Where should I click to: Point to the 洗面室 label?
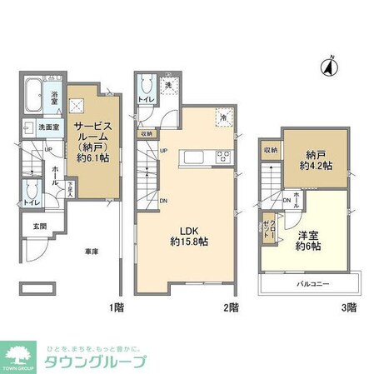pyautogui.click(x=49, y=127)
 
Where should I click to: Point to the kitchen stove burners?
pyautogui.click(x=224, y=156)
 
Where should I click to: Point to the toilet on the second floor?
pyautogui.click(x=146, y=87)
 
